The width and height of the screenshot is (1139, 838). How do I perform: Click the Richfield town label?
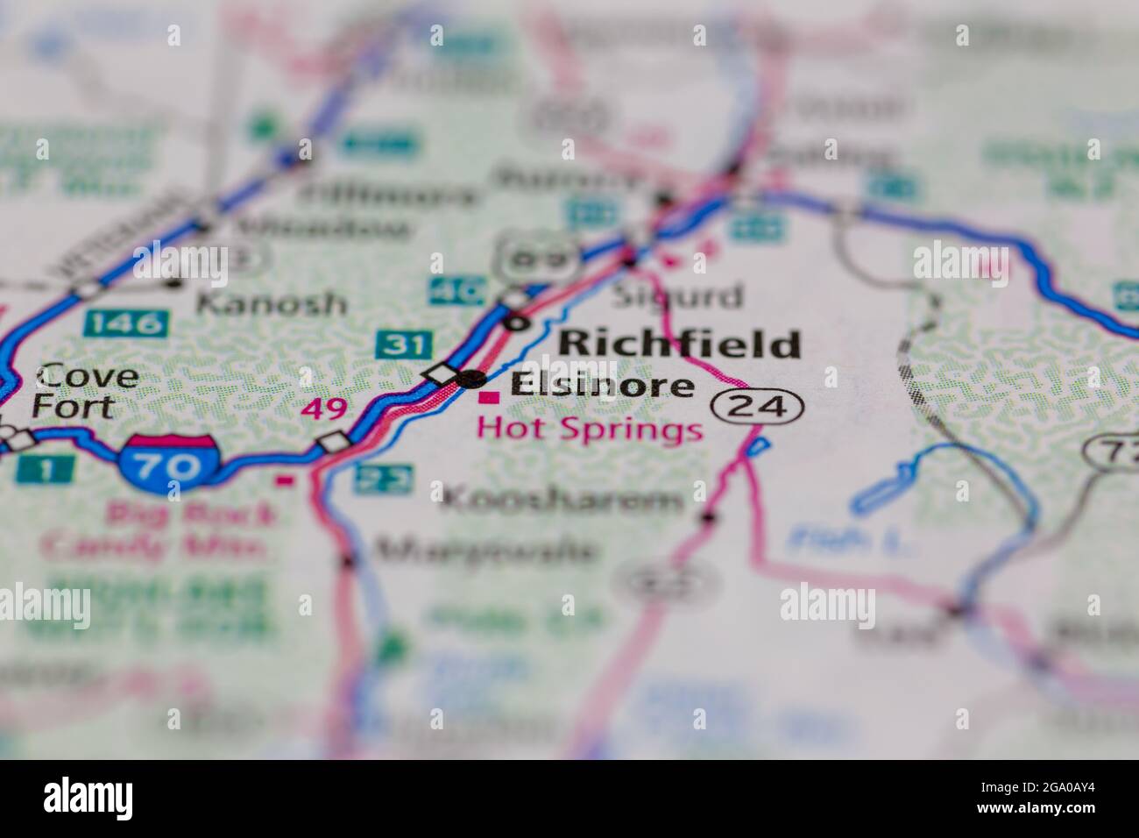coord(679,343)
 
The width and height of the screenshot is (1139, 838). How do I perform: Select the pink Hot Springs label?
coord(589,430)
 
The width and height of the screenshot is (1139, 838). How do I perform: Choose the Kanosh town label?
coord(270,303)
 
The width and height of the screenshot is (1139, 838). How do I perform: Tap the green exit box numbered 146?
coord(125,323)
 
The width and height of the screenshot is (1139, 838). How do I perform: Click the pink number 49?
coord(323,408)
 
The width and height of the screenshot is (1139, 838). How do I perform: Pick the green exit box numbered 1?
coord(45,469)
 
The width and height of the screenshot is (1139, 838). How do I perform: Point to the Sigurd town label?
coord(676,295)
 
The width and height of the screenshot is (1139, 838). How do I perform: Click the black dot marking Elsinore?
coord(472,379)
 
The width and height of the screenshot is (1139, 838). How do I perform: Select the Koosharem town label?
coord(562,500)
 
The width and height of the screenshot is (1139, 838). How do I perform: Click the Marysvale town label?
coord(487,550)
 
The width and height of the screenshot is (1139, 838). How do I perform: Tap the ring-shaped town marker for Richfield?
coord(518,323)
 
